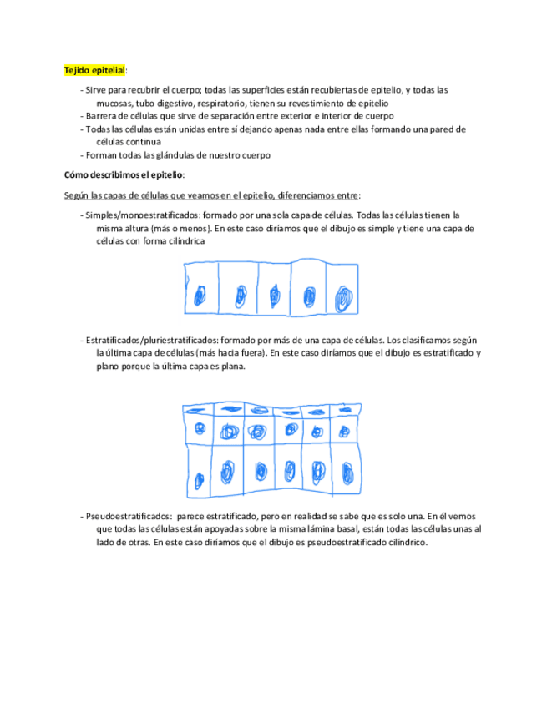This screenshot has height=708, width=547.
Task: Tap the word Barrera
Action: coord(103,116)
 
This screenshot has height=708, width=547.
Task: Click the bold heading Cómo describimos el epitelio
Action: coord(124,174)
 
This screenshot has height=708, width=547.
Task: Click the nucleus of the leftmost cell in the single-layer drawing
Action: coord(200,295)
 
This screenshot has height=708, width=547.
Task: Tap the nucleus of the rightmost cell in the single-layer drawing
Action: coord(343,298)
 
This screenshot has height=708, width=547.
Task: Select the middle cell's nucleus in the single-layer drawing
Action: coord(275,296)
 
